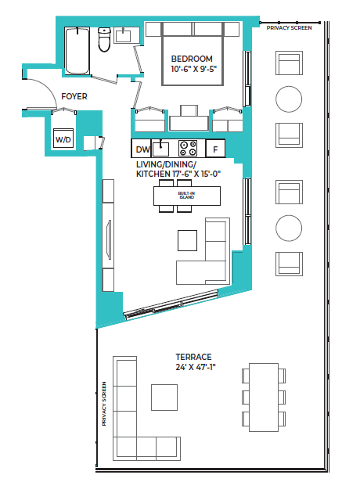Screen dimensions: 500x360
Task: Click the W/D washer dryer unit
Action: click(62, 138)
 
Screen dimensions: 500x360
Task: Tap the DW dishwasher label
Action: click(142, 149)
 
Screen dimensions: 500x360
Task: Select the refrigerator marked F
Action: click(214, 149)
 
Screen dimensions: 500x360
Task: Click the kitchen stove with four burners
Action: click(188, 148)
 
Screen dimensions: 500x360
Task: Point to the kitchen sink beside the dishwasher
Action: click(161, 147)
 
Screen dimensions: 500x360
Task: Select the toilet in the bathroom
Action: click(103, 41)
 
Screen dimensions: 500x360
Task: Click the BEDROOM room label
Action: click(192, 59)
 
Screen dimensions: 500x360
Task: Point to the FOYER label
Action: click(74, 96)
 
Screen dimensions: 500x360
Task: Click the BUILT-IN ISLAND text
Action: click(186, 196)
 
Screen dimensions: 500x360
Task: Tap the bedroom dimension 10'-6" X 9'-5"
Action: click(192, 70)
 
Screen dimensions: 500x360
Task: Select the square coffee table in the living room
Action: click(188, 239)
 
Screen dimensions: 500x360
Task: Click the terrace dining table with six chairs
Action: click(264, 397)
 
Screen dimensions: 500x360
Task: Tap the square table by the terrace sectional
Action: click(164, 397)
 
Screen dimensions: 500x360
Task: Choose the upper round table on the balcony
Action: click(289, 99)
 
